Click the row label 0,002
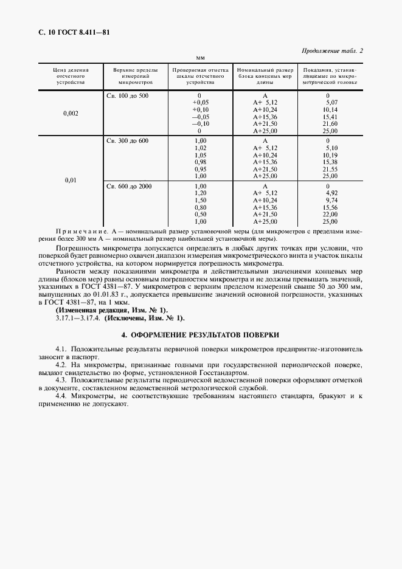(71, 114)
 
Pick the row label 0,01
(71, 181)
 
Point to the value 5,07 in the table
(332, 102)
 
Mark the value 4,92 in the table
(332, 193)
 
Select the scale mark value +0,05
(200, 102)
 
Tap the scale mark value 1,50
(199, 200)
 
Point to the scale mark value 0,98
(199, 162)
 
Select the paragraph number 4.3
(60, 379)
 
